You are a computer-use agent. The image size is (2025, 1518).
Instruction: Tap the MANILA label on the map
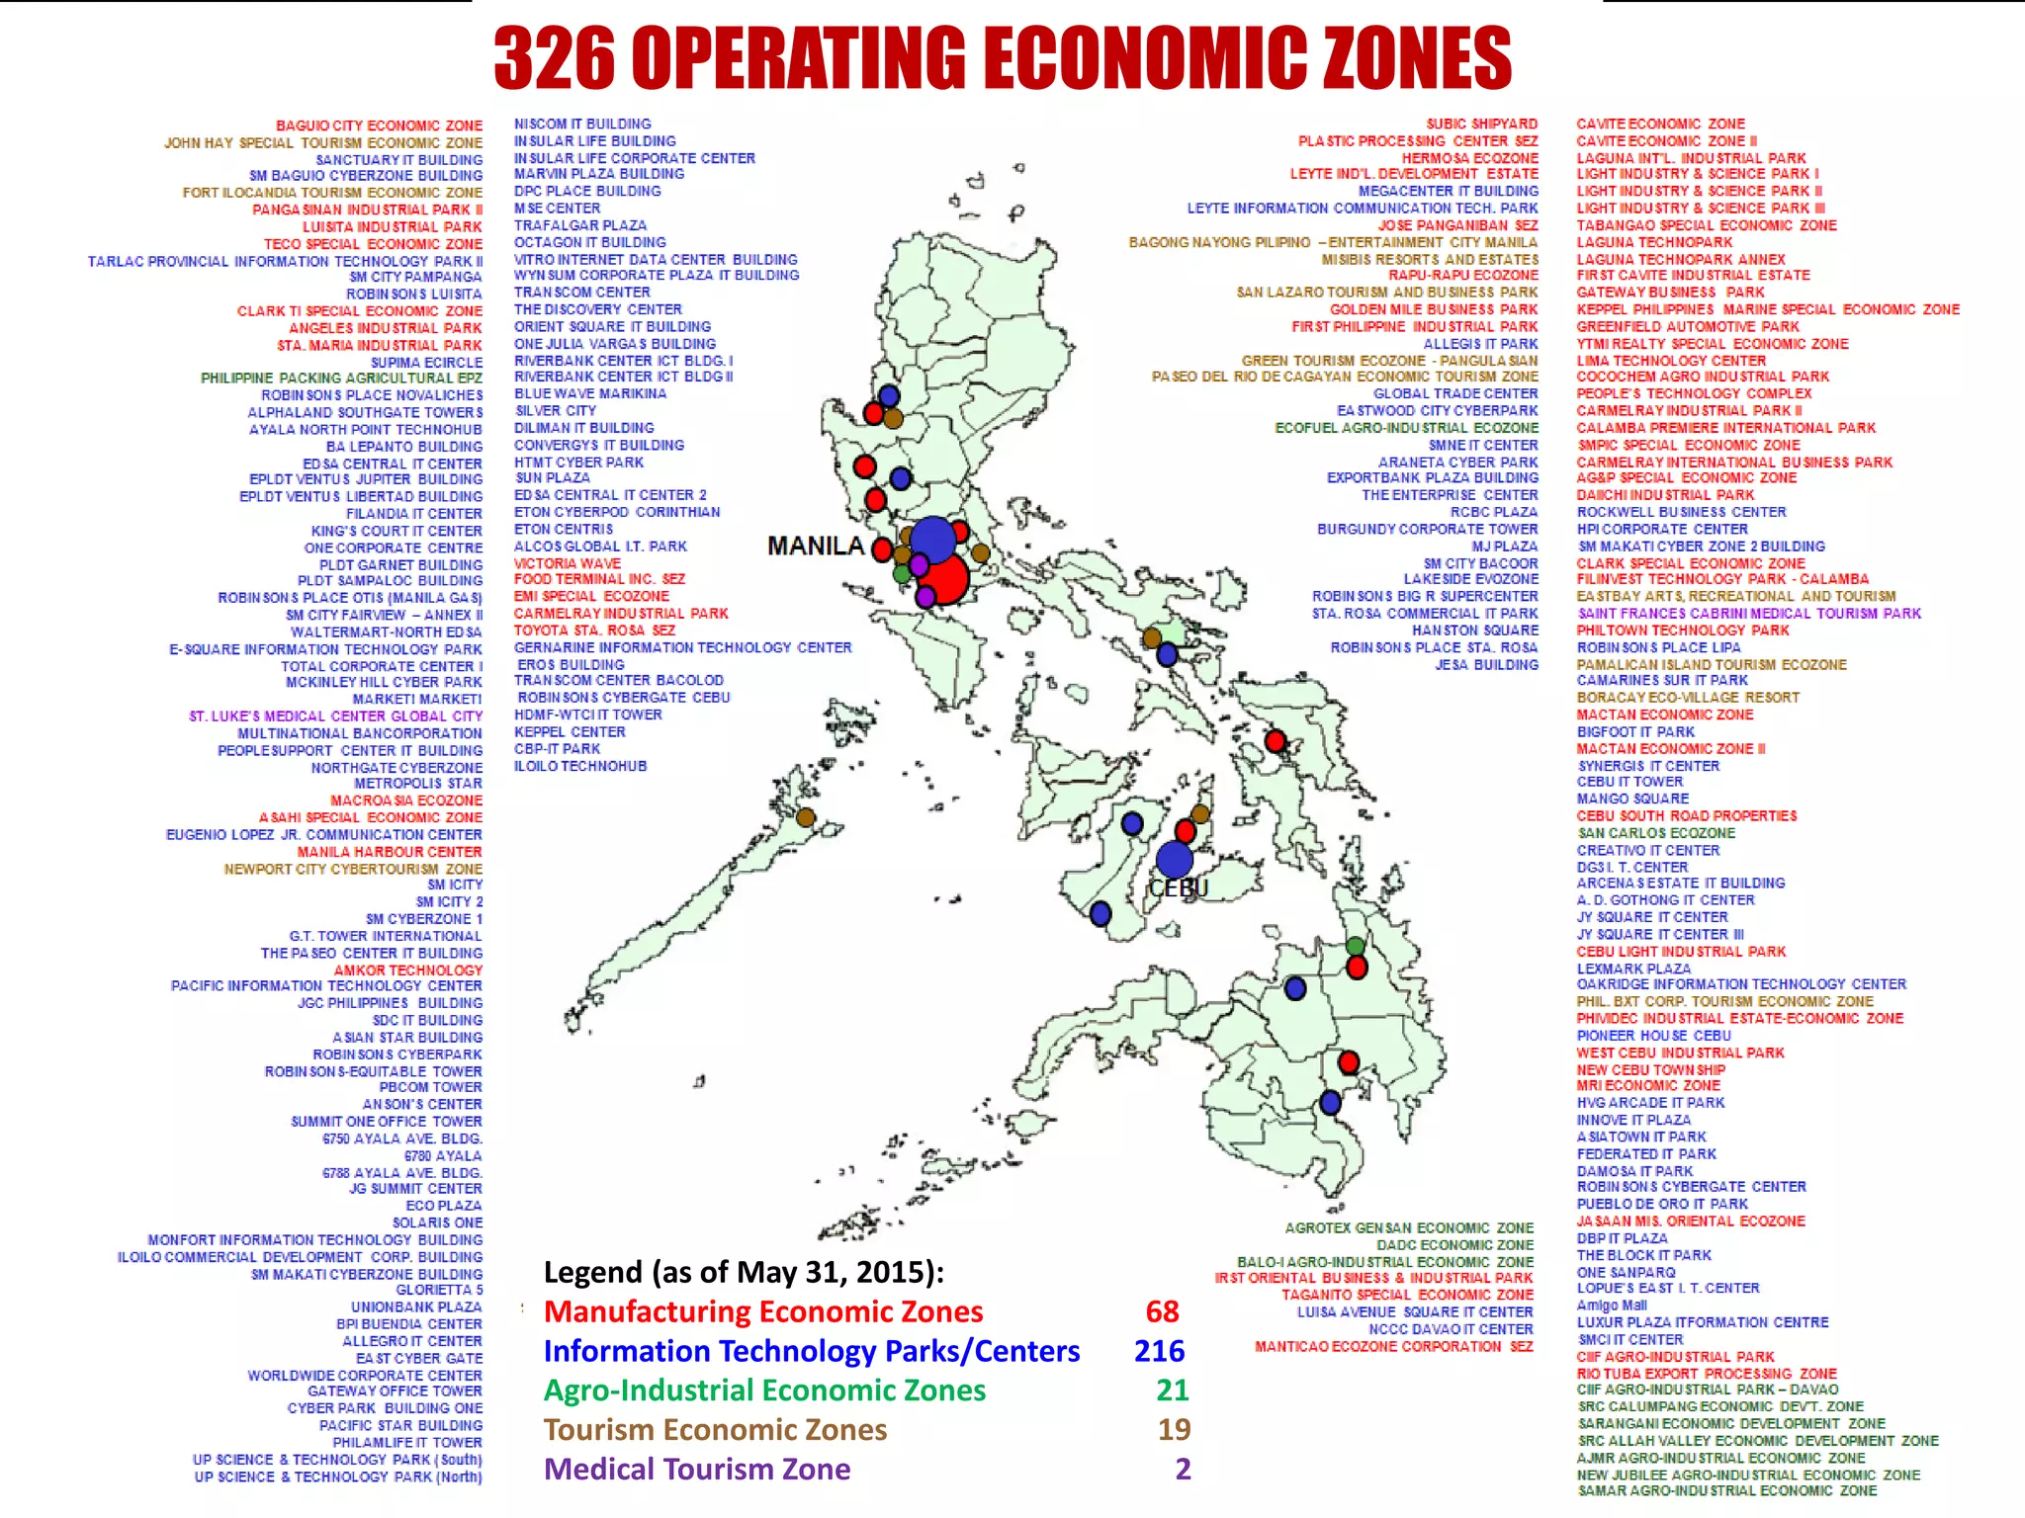pyautogui.click(x=816, y=547)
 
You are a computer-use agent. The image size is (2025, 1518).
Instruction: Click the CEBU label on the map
pyautogui.click(x=1179, y=888)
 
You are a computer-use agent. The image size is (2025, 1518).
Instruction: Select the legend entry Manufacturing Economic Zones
pyautogui.click(x=763, y=1311)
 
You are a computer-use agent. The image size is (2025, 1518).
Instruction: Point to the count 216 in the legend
pyautogui.click(x=1159, y=1351)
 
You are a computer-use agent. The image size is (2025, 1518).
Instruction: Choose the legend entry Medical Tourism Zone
pyautogui.click(x=697, y=1470)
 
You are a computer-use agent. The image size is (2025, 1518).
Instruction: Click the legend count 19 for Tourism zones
pyautogui.click(x=1174, y=1430)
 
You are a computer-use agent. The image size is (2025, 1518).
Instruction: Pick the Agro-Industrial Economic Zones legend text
pyautogui.click(x=764, y=1391)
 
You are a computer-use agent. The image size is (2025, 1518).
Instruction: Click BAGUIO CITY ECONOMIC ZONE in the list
pyautogui.click(x=379, y=126)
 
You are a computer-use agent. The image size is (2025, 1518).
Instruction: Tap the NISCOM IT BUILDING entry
pyautogui.click(x=582, y=124)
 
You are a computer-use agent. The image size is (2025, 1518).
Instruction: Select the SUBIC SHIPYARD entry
pyautogui.click(x=1481, y=124)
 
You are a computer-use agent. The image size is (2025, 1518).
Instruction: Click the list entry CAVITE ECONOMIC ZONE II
pyautogui.click(x=1666, y=141)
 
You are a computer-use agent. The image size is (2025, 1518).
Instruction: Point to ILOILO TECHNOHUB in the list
pyautogui.click(x=580, y=766)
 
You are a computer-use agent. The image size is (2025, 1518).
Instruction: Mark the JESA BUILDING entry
pyautogui.click(x=1486, y=665)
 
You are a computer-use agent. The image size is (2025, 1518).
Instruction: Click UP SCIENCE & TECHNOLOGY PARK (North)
pyautogui.click(x=338, y=1476)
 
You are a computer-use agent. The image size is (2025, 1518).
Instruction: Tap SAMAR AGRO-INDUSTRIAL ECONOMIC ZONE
pyautogui.click(x=1726, y=1490)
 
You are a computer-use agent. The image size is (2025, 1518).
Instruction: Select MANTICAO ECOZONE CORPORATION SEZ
pyautogui.click(x=1393, y=1346)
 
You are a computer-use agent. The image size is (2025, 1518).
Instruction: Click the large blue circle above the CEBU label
pyautogui.click(x=1174, y=859)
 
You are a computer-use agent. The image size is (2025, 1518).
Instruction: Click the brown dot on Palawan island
pyautogui.click(x=806, y=817)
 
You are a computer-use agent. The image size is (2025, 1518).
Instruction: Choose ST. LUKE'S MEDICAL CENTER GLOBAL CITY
pyautogui.click(x=336, y=717)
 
